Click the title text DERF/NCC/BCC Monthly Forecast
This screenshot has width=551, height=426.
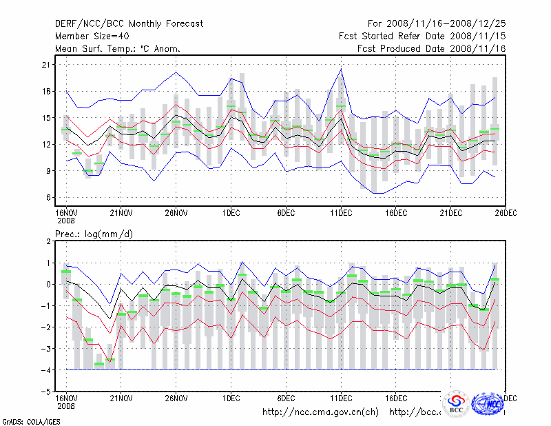click(x=129, y=23)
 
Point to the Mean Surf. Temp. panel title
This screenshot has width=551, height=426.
click(x=118, y=48)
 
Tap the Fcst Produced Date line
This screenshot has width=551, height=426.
click(x=432, y=48)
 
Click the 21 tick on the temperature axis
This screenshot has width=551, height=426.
click(x=47, y=65)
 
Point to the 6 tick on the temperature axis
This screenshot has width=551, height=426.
click(x=48, y=198)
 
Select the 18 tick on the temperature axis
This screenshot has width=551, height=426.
click(x=47, y=91)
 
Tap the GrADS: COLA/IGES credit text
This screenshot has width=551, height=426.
click(x=24, y=420)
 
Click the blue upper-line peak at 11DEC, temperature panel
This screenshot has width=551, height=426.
click(x=341, y=69)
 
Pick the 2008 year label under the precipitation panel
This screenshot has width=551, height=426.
click(x=65, y=406)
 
